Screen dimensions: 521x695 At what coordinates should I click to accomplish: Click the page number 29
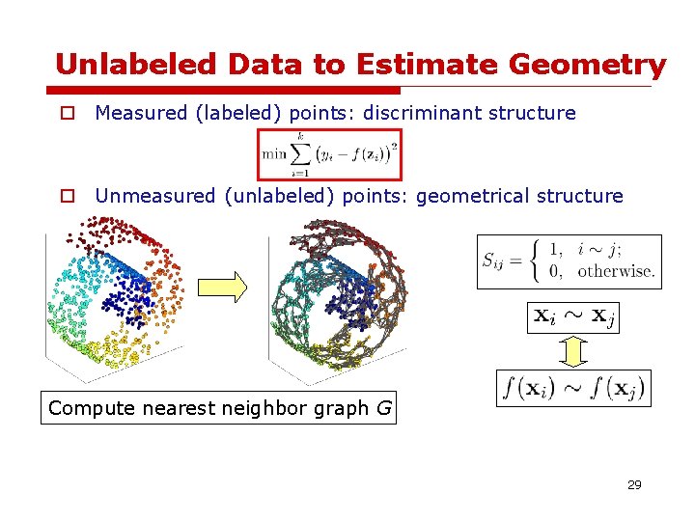pos(633,484)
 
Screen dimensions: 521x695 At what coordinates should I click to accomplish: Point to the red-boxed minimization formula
pos(329,154)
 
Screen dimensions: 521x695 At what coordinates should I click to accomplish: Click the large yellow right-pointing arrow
pos(222,286)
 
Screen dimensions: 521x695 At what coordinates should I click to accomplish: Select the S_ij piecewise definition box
pos(569,260)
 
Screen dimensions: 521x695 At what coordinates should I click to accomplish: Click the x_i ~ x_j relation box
pos(572,315)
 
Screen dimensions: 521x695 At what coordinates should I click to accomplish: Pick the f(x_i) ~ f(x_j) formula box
pos(572,389)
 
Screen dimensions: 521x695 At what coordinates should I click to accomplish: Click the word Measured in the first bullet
pos(140,113)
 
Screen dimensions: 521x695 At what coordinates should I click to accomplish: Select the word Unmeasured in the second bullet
pos(154,196)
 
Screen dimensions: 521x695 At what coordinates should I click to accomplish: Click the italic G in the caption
pos(383,408)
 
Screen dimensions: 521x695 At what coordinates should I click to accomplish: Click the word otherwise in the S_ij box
pos(615,271)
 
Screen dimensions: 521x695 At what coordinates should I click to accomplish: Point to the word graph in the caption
pos(342,409)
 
